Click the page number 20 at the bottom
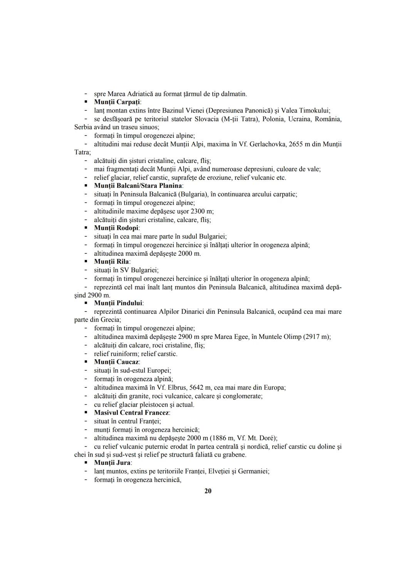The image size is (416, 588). tap(208, 491)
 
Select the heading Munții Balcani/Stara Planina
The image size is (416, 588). tap(138, 186)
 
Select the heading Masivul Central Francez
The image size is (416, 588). tap(132, 412)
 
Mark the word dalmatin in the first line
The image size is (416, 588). tap(233, 94)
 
